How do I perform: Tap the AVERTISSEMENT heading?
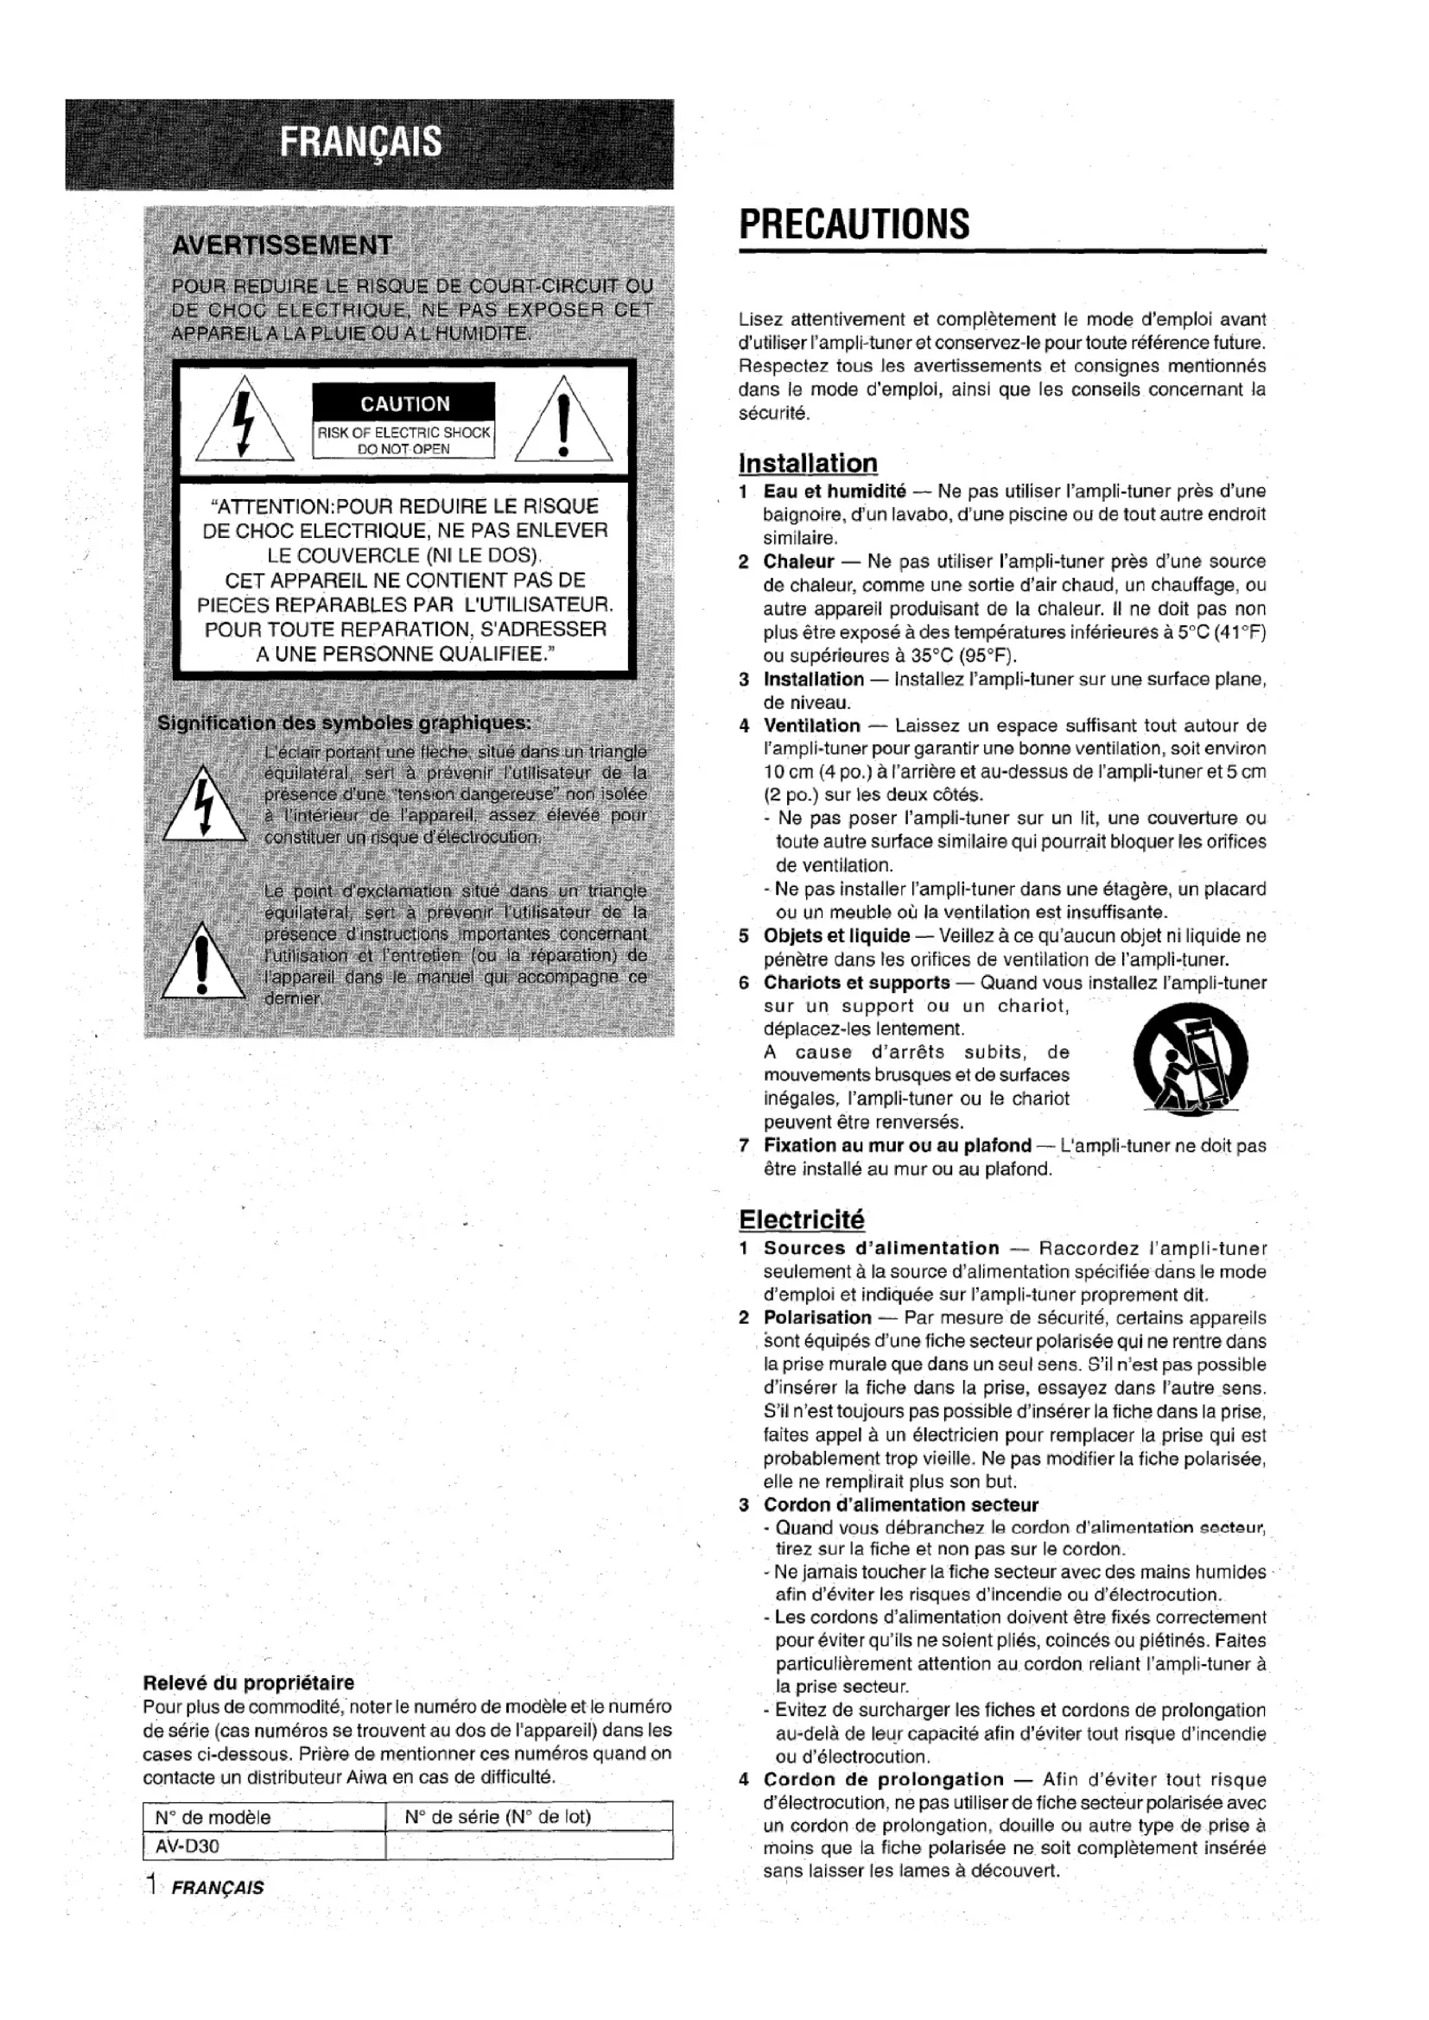(282, 245)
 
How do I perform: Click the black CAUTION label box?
(403, 404)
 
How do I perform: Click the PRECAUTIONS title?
(854, 225)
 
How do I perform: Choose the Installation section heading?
(808, 464)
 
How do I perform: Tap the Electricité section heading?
(801, 1219)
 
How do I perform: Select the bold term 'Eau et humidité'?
(835, 491)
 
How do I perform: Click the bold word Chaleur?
(798, 561)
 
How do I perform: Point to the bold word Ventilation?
(811, 725)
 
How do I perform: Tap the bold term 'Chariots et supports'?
(856, 983)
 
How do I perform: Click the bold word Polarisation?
(816, 1317)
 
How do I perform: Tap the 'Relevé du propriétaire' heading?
(248, 1683)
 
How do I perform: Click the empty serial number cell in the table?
(529, 1846)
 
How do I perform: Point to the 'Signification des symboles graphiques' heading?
(343, 723)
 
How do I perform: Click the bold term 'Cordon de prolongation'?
(884, 1780)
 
